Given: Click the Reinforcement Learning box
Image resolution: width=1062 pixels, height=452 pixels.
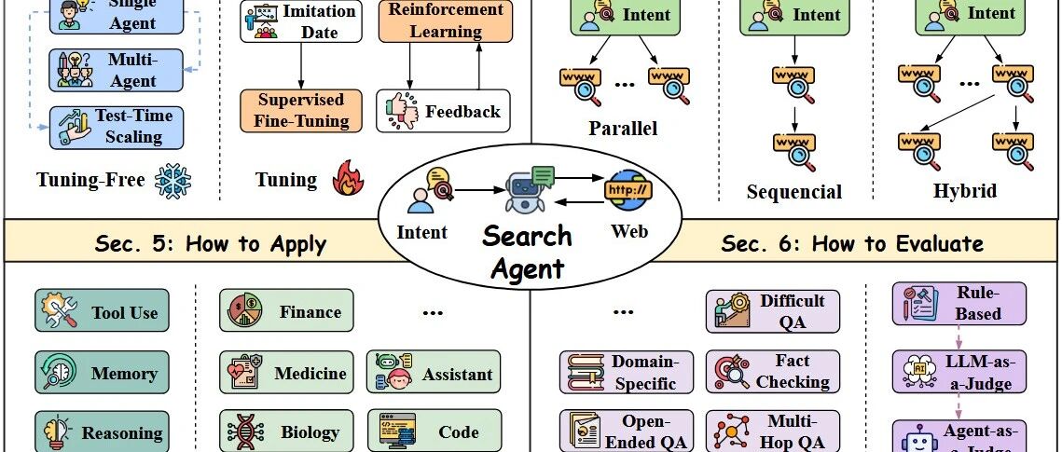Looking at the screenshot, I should pyautogui.click(x=432, y=21).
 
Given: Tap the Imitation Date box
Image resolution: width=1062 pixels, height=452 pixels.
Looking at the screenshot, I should pyautogui.click(x=301, y=21).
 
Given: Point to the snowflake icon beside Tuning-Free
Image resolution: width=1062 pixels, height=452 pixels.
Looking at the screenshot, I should pyautogui.click(x=172, y=180).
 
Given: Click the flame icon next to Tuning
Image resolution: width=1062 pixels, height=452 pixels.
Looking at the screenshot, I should pyautogui.click(x=346, y=179).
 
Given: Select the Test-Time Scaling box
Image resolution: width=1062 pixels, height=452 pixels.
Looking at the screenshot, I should pyautogui.click(x=117, y=127).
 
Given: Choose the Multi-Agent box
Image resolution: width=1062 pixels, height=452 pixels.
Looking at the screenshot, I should pyautogui.click(x=117, y=69).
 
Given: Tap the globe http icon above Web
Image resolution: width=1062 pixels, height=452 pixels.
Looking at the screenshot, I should pyautogui.click(x=628, y=189).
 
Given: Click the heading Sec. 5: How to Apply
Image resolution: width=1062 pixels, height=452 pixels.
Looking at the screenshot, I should pyautogui.click(x=211, y=244).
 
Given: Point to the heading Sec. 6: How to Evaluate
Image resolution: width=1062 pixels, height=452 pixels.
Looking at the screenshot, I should pyautogui.click(x=851, y=244).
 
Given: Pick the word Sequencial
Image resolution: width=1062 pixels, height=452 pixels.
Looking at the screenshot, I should pyautogui.click(x=794, y=193).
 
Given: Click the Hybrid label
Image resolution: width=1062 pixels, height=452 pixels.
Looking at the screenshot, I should pyautogui.click(x=965, y=191).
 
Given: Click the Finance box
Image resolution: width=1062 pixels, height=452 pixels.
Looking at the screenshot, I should pyautogui.click(x=287, y=312).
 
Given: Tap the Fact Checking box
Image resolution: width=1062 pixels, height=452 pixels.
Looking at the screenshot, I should pyautogui.click(x=773, y=371).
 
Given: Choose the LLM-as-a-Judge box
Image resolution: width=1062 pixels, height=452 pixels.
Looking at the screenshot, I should pyautogui.click(x=959, y=371).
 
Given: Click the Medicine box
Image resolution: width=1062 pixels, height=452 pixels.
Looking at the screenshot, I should pyautogui.click(x=287, y=374).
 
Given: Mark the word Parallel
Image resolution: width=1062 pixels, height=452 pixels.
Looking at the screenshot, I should pyautogui.click(x=623, y=128).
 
